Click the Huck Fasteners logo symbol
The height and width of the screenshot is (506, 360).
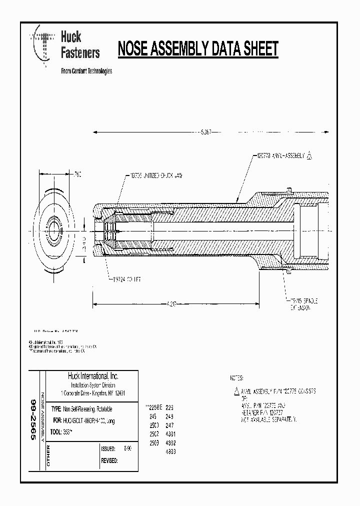point(43,47)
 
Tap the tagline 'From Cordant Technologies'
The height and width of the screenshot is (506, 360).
point(86,71)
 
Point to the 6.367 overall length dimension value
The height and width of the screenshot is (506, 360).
point(205,132)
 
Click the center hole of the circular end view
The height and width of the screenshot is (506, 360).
point(54,233)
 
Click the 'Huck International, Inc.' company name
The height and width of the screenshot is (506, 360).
point(93,376)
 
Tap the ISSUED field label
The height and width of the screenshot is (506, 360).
point(108,449)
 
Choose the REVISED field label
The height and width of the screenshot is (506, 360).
point(109,460)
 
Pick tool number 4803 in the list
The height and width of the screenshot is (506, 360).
point(170,451)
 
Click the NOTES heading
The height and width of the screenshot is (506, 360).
point(236,378)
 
